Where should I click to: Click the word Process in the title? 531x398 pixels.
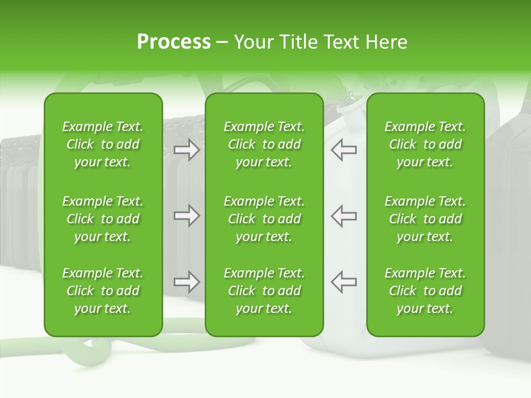pyautogui.click(x=174, y=42)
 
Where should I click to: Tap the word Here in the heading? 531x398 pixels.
pyautogui.click(x=386, y=42)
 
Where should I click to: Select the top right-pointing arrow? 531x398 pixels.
pyautogui.click(x=186, y=150)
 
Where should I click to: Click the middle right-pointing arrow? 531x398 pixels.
pyautogui.click(x=186, y=216)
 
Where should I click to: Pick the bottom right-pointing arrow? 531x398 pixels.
pyautogui.click(x=186, y=282)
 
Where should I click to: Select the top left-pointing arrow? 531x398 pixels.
pyautogui.click(x=344, y=150)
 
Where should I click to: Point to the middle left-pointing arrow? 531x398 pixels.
pyautogui.click(x=344, y=216)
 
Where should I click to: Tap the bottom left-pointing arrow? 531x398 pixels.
pyautogui.click(x=344, y=282)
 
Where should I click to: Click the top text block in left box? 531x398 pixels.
pyautogui.click(x=103, y=144)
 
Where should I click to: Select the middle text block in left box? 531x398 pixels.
pyautogui.click(x=103, y=219)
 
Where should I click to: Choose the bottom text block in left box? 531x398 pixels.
pyautogui.click(x=103, y=291)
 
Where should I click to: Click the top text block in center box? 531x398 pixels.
pyautogui.click(x=264, y=144)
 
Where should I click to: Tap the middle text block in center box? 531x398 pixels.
pyautogui.click(x=264, y=219)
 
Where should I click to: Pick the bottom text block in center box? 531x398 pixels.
pyautogui.click(x=264, y=291)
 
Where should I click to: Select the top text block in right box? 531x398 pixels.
pyautogui.click(x=425, y=144)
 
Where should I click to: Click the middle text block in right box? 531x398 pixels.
pyautogui.click(x=425, y=219)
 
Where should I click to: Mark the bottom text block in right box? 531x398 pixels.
pyautogui.click(x=425, y=291)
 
